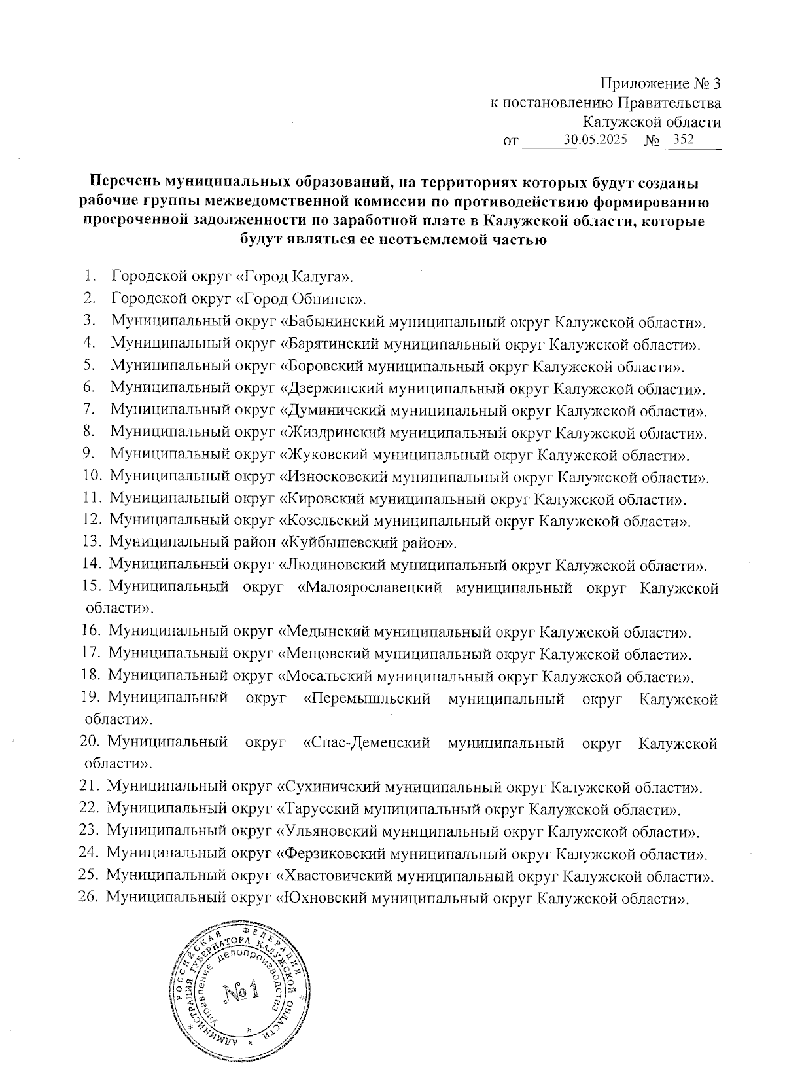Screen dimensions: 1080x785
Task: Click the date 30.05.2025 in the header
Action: pos(595,139)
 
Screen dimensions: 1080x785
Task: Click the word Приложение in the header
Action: pos(644,84)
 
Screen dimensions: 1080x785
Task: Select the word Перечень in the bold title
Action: pos(125,180)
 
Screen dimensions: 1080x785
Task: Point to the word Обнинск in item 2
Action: pos(330,299)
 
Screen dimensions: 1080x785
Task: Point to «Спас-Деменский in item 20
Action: pos(367,744)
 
